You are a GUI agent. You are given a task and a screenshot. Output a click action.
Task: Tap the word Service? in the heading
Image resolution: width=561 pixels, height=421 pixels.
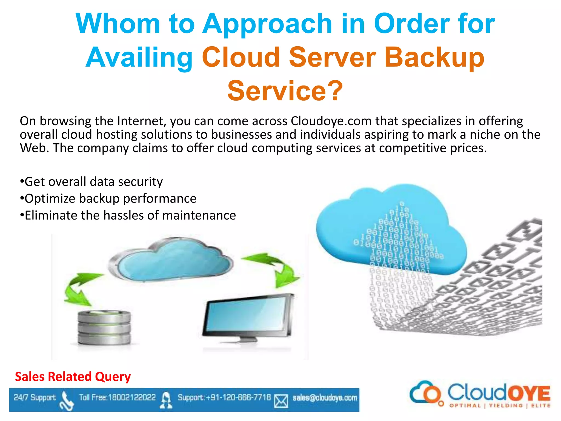click(x=285, y=91)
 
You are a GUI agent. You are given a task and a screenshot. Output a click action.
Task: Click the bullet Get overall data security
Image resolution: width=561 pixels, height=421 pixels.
click(x=92, y=182)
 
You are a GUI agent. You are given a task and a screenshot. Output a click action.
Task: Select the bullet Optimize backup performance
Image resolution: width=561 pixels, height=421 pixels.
click(x=108, y=198)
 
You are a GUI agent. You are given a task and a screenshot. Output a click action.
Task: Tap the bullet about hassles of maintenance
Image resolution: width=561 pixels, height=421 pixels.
click(x=128, y=215)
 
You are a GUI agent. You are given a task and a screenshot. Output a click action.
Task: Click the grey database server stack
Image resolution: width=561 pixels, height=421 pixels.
click(x=104, y=327)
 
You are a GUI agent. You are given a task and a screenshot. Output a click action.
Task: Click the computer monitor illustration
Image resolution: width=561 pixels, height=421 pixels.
click(x=248, y=318)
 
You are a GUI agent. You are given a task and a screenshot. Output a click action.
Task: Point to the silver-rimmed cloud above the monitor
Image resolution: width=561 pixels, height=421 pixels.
click(x=170, y=261)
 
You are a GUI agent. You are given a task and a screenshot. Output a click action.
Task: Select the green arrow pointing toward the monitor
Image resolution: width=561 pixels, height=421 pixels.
click(x=277, y=269)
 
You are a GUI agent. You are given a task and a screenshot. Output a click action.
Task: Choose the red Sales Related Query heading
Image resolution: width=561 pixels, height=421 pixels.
click(x=73, y=377)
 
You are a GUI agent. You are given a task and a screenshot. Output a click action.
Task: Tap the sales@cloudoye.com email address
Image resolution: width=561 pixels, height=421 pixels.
click(x=325, y=398)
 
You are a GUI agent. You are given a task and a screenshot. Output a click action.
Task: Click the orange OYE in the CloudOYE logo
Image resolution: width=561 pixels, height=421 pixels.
click(x=529, y=394)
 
